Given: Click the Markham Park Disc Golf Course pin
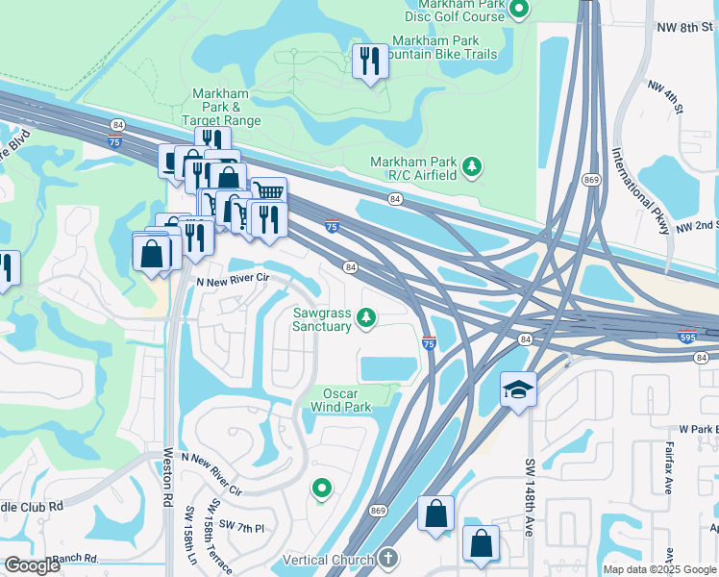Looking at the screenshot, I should [x=519, y=10].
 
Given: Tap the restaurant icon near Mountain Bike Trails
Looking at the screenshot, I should [x=369, y=63].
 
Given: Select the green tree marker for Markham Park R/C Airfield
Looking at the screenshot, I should [x=472, y=167].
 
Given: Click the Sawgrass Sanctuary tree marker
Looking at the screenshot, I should [x=365, y=316].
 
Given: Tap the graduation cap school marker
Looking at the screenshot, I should [x=518, y=389].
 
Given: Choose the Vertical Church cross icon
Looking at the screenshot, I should [x=387, y=558].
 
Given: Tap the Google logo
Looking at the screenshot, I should [x=32, y=565].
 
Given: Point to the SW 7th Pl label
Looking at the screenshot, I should [x=241, y=524].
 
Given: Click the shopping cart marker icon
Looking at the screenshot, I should [x=269, y=190].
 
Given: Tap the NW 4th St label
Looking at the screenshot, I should [x=664, y=100].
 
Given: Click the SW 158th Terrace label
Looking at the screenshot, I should [x=221, y=539].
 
